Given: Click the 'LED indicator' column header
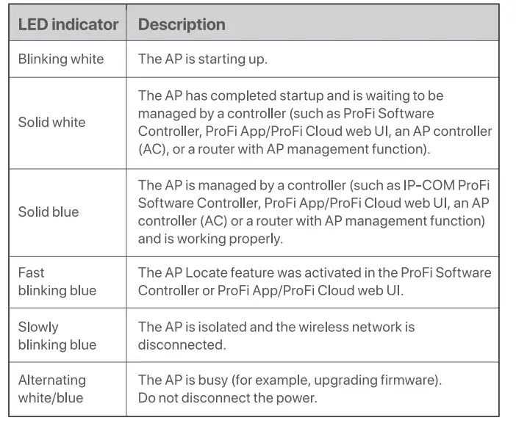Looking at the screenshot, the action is tap(68, 24).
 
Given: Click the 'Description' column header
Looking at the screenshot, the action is tap(182, 24).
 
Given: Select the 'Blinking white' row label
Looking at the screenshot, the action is tap(61, 59).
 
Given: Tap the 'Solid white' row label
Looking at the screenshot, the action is tap(52, 122).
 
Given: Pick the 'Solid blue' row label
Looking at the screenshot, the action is tap(49, 212).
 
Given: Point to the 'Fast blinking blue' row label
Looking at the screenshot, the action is tap(57, 281).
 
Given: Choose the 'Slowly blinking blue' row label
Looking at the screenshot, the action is tap(57, 336).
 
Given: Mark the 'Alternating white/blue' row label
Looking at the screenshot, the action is tap(52, 389).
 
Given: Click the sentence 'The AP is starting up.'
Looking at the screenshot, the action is tap(203, 59).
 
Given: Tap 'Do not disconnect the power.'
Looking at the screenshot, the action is tap(227, 397).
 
